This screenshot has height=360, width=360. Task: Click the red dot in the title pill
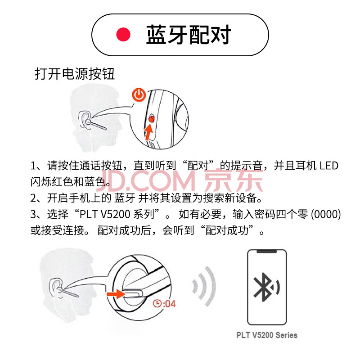point(123,35)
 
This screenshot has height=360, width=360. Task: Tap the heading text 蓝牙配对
point(188,35)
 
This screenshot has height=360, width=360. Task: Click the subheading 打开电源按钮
point(75,74)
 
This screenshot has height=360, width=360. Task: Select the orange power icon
point(139,95)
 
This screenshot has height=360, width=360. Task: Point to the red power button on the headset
point(152,119)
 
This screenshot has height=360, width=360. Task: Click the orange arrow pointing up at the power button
point(149,132)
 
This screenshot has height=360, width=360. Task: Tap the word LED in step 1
point(329,166)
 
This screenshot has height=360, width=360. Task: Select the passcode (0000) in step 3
point(325,214)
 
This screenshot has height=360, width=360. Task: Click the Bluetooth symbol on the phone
point(264,287)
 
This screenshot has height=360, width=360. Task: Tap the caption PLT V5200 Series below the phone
point(267,335)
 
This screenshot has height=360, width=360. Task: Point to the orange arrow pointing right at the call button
point(116,294)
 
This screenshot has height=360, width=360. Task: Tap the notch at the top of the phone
point(267,252)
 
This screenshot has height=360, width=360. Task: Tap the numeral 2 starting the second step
point(33,198)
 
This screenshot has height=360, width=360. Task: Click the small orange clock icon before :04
point(157,303)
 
